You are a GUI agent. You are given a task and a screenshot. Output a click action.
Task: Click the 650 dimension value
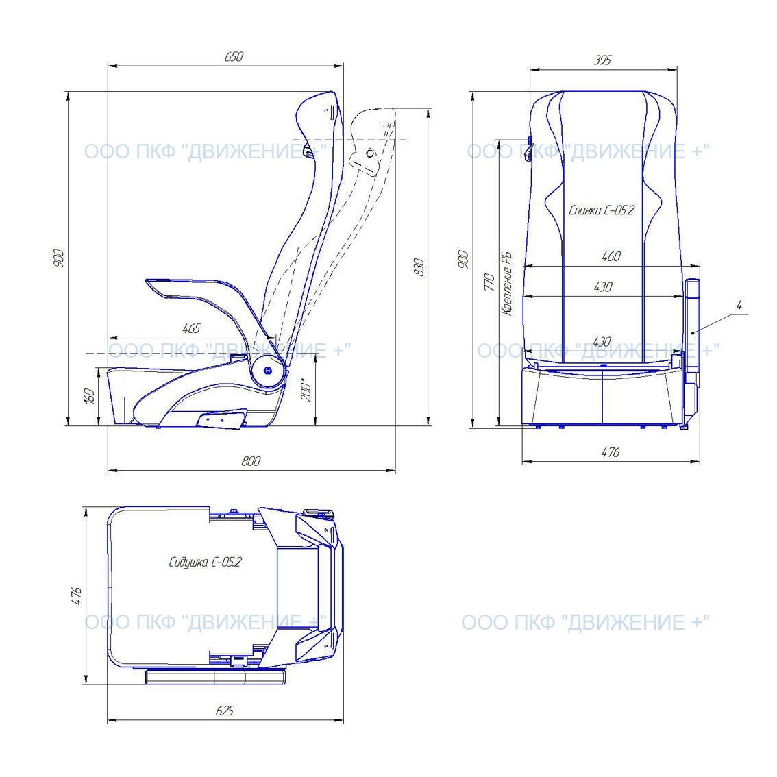[234, 56]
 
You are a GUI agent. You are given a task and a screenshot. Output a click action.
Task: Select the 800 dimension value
[251, 461]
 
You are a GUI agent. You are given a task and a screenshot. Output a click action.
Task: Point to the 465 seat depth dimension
[191, 328]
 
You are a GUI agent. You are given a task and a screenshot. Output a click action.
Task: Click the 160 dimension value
[89, 395]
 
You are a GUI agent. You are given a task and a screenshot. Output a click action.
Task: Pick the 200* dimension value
[307, 391]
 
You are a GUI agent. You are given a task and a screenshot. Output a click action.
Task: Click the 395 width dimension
[602, 60]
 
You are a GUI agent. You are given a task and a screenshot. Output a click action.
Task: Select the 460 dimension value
[611, 257]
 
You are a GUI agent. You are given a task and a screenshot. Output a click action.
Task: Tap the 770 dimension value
[489, 282]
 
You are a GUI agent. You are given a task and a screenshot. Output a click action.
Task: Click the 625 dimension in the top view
[225, 711]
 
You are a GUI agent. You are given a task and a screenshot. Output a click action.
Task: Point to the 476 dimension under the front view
[610, 452]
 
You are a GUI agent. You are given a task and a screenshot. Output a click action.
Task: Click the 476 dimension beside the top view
[77, 595]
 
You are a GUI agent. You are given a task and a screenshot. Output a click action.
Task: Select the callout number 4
[739, 306]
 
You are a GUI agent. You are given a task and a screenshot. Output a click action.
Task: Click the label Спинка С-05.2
[601, 210]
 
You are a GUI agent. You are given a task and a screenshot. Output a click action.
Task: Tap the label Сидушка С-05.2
[205, 562]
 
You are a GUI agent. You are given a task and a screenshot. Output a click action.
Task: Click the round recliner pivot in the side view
[268, 370]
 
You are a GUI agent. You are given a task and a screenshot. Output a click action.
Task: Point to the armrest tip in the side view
[148, 282]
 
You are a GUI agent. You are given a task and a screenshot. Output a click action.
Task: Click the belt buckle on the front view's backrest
[529, 149]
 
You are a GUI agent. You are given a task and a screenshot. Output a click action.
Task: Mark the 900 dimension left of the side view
[58, 258]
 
